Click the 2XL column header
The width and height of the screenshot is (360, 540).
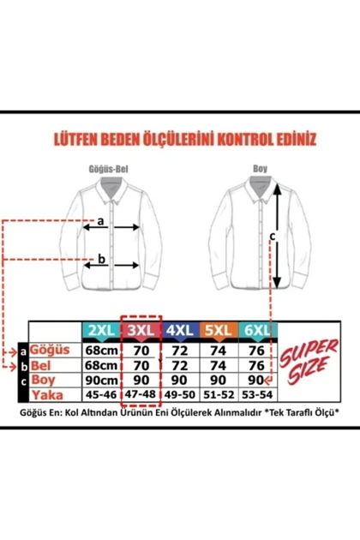point(102,331)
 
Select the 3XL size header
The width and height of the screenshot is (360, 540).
point(141,331)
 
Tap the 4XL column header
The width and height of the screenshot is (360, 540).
point(179,331)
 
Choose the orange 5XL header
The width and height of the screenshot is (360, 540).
point(219,331)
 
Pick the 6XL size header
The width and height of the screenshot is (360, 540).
point(257,331)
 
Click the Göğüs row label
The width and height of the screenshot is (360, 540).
point(50,350)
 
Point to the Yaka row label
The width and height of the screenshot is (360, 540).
point(47,395)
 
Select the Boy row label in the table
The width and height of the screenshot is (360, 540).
point(43,380)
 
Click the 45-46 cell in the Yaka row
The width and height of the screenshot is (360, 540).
point(101,394)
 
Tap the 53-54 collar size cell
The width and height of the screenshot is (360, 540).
point(257,394)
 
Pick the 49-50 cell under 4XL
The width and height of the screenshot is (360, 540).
point(179,394)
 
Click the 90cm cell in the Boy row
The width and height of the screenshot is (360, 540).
point(102,381)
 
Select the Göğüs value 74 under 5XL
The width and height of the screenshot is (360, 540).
point(218,351)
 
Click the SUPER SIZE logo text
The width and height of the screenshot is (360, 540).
point(309,361)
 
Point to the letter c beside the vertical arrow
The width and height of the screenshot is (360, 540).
point(273,237)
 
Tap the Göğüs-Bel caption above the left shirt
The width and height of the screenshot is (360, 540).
point(109,169)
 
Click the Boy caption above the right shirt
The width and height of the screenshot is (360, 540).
point(260,169)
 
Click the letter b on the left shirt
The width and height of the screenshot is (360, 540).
point(101,259)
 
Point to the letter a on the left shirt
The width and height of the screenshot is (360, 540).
point(100,221)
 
